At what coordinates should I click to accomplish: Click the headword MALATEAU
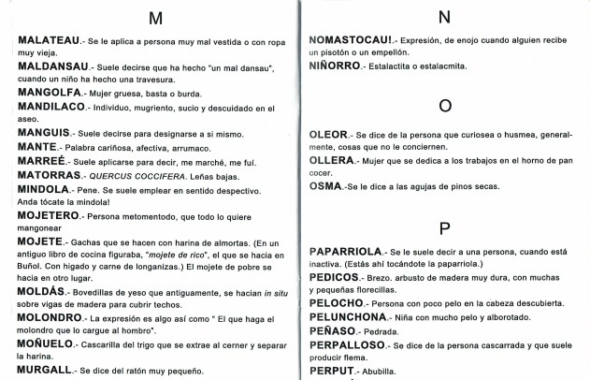click(52, 43)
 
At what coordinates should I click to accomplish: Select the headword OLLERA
click(332, 161)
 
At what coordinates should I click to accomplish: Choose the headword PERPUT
click(333, 370)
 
